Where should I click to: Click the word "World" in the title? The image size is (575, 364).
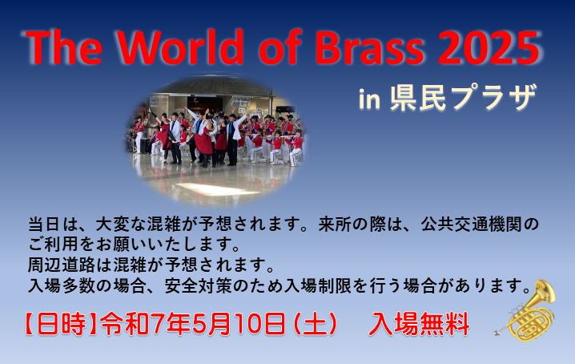tap(180, 47)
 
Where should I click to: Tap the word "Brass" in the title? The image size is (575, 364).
tap(369, 47)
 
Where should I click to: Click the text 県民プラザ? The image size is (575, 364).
tap(464, 97)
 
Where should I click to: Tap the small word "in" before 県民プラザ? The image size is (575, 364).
tap(369, 99)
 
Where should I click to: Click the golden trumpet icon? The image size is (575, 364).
tap(525, 311)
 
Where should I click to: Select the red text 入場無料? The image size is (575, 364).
tap(419, 325)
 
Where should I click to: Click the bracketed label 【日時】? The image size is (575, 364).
tap(61, 324)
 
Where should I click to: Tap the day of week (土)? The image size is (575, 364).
tap(315, 324)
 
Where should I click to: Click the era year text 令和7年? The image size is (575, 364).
tap(145, 324)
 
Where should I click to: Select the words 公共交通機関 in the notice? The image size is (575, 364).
tap(472, 224)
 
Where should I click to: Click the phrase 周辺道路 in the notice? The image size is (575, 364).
tap(62, 265)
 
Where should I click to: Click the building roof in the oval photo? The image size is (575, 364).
tap(217, 86)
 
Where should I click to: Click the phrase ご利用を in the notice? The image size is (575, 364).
tap(62, 245)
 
